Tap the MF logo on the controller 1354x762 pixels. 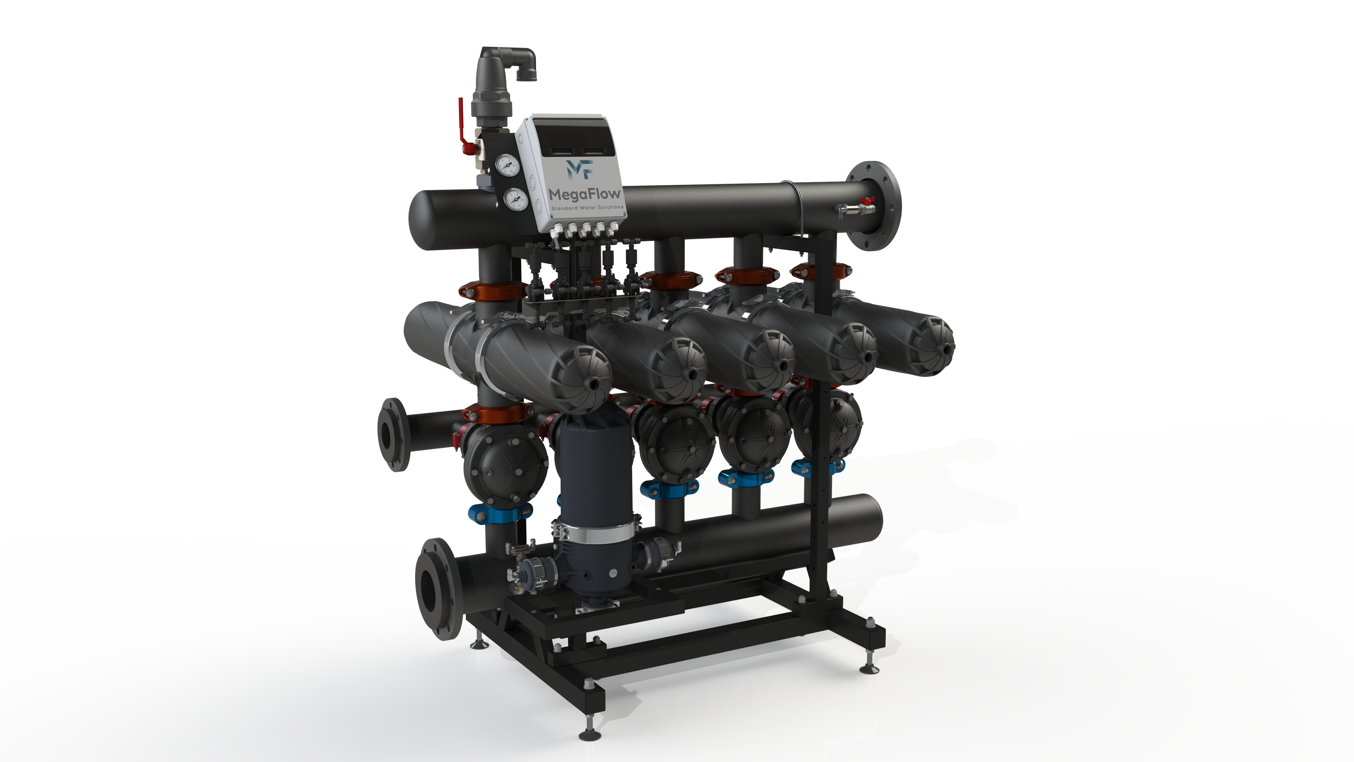pyautogui.click(x=580, y=169)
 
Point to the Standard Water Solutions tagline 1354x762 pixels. pyautogui.click(x=587, y=208)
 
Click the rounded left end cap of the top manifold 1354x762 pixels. pyautogui.click(x=423, y=220)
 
